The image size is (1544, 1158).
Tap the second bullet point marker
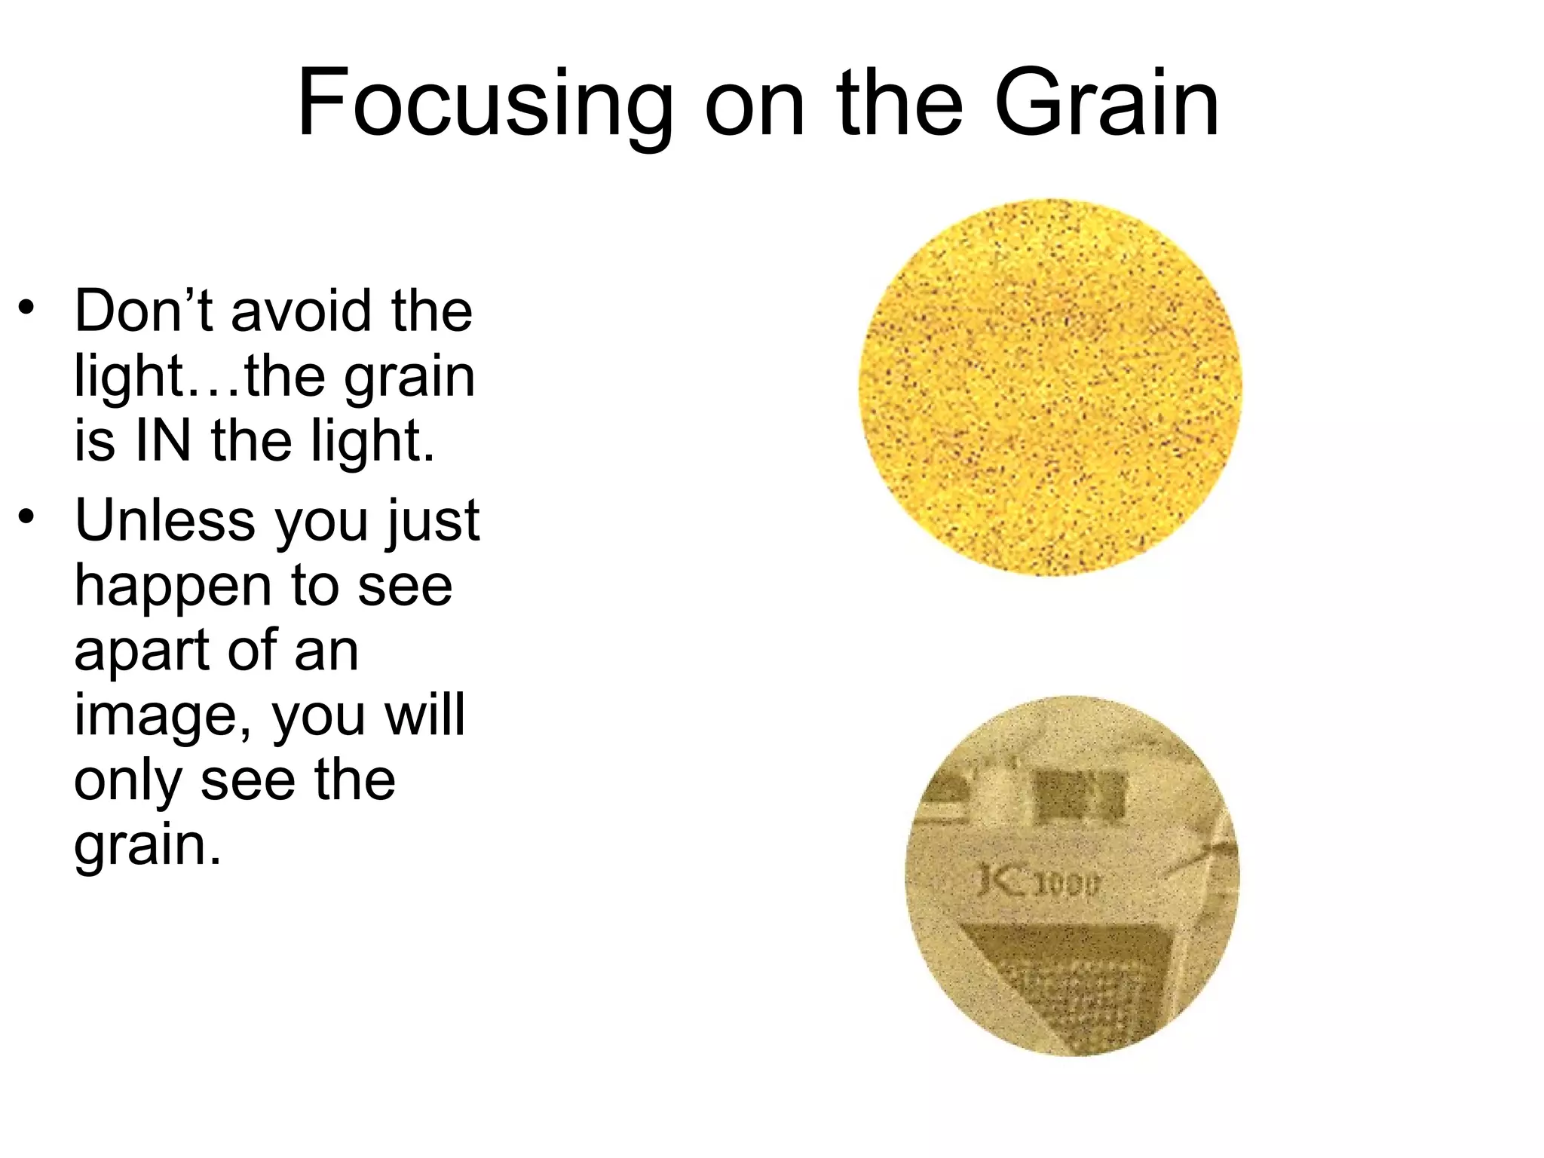click(x=27, y=517)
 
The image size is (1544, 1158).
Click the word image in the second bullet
click(x=162, y=716)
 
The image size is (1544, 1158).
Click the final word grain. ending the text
click(x=147, y=846)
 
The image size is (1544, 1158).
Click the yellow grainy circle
click(x=1049, y=388)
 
